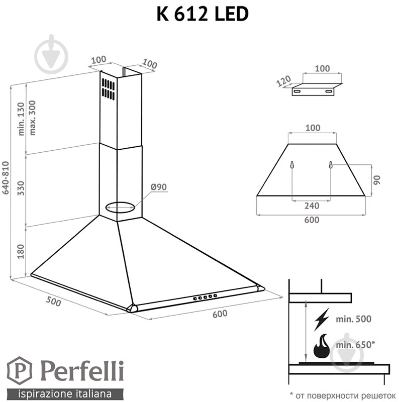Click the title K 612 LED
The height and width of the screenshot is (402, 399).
tap(203, 14)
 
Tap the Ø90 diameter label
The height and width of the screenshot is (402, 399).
tap(158, 187)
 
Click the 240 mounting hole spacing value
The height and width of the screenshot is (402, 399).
tap(311, 205)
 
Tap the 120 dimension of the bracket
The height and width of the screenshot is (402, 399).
tap(283, 82)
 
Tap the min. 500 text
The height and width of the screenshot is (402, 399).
tap(355, 319)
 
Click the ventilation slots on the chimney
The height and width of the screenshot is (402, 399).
tap(108, 88)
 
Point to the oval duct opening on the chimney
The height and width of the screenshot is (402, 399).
tap(120, 206)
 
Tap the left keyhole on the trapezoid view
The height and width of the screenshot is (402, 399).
tap(292, 165)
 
